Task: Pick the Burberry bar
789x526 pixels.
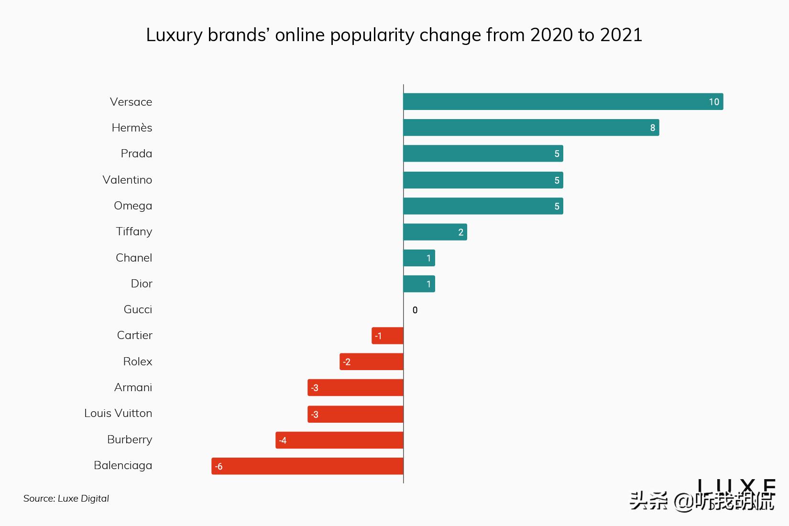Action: pyautogui.click(x=340, y=440)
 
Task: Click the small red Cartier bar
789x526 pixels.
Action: pyautogui.click(x=387, y=336)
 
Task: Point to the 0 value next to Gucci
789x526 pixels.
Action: pyautogui.click(x=415, y=310)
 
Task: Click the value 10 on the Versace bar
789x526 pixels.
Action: pyautogui.click(x=713, y=102)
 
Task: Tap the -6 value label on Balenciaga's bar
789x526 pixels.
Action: pyautogui.click(x=219, y=467)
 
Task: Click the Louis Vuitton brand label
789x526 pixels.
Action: pyautogui.click(x=118, y=413)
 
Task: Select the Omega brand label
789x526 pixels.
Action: pyautogui.click(x=133, y=206)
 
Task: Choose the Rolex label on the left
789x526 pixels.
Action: pyautogui.click(x=138, y=362)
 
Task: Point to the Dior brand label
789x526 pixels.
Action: pyautogui.click(x=142, y=284)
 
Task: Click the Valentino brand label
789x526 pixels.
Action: pyautogui.click(x=127, y=180)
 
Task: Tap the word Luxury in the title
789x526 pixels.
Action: pyautogui.click(x=174, y=35)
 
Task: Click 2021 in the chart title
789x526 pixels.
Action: pyautogui.click(x=621, y=35)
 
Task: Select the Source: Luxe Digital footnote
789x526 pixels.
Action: pyautogui.click(x=66, y=498)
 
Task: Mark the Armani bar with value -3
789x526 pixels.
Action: pyautogui.click(x=355, y=388)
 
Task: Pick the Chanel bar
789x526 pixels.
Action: pyautogui.click(x=419, y=258)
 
